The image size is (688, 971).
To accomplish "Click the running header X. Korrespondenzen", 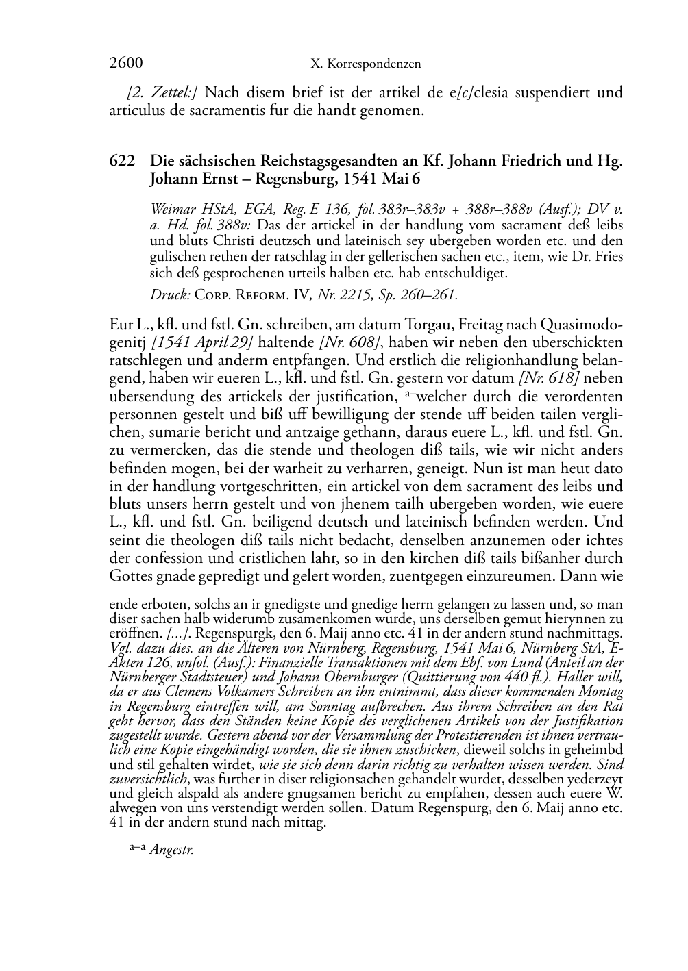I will click(x=365, y=64).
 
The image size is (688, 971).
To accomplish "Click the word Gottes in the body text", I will click(x=129, y=575).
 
